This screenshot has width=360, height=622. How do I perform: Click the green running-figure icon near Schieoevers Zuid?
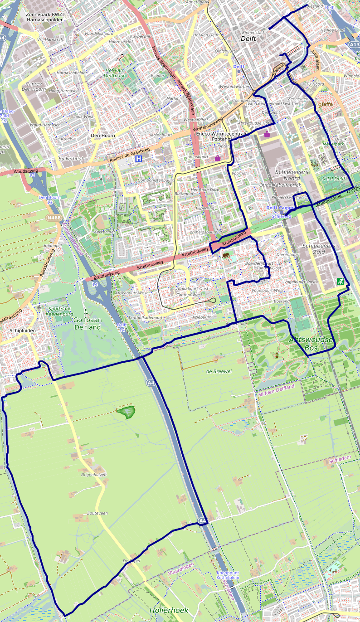pos(340,282)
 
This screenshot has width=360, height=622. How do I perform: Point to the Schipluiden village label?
pos(22,331)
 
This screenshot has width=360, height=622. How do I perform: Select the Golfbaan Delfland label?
pos(87,323)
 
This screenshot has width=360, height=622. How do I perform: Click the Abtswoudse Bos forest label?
pos(312,343)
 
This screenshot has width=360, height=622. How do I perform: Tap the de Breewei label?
pos(219,371)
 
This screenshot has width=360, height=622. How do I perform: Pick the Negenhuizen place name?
pos(93,475)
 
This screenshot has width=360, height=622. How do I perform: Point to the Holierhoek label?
pos(169,610)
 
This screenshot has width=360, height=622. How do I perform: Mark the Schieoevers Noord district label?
pos(292,175)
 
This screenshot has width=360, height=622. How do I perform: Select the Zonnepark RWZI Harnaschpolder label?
pos(44,17)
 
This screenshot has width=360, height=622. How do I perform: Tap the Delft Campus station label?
pos(280,208)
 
